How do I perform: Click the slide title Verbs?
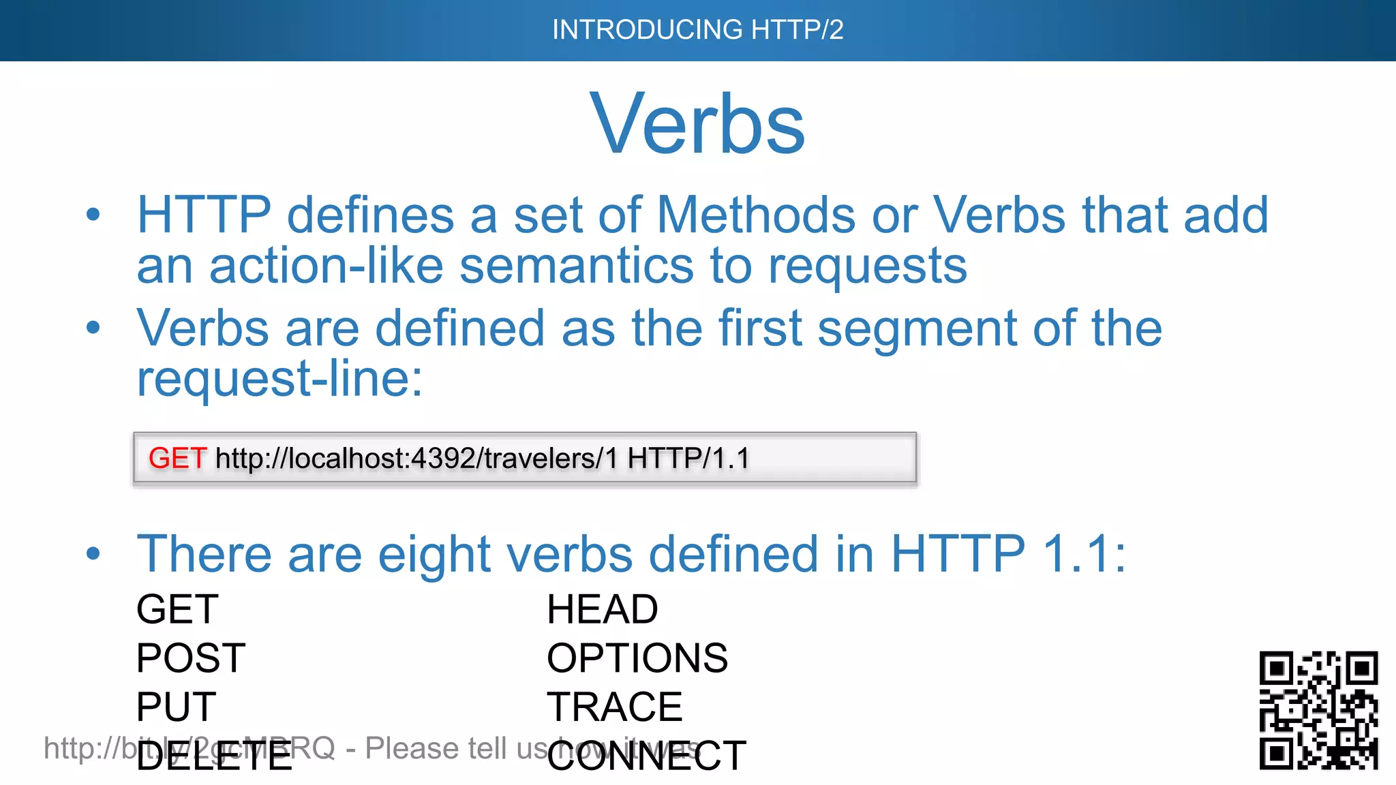(x=697, y=125)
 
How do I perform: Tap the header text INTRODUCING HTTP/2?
(x=697, y=30)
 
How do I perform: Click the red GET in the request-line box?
(x=177, y=459)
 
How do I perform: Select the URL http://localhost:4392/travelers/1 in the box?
(x=416, y=459)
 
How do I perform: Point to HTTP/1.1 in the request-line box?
(x=688, y=459)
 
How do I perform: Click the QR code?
(x=1318, y=710)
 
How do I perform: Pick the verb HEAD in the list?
(x=603, y=609)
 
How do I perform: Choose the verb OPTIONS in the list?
(x=637, y=658)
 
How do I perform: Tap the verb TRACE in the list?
(x=614, y=707)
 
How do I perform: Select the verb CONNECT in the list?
(x=646, y=756)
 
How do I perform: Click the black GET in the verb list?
(x=177, y=609)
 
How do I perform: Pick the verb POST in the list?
(x=191, y=658)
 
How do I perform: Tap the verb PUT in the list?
(x=176, y=707)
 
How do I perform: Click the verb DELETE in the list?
(x=214, y=756)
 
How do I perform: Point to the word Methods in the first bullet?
(x=756, y=215)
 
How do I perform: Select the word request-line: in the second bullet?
(x=279, y=379)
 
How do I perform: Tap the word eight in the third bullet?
(x=434, y=555)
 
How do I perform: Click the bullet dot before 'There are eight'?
(x=93, y=553)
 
